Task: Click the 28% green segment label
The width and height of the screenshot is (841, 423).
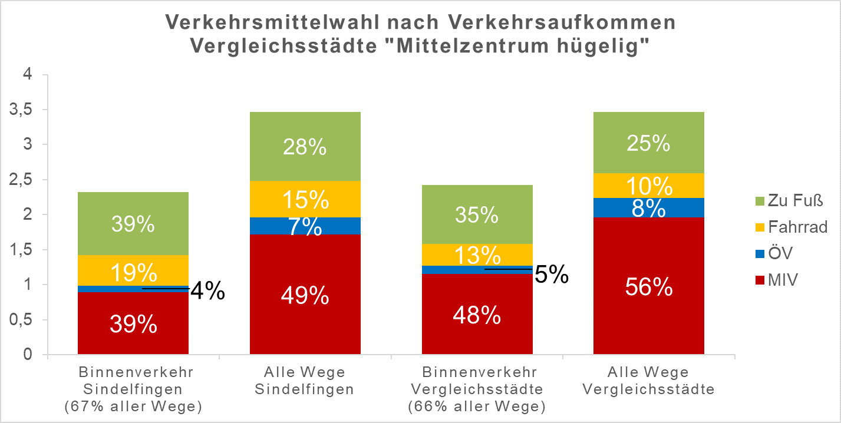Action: pos(305,147)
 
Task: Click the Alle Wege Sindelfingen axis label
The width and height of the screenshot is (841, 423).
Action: pos(305,381)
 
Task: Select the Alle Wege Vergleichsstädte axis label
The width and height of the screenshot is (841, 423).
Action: pos(649,381)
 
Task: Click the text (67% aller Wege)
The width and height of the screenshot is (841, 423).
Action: pos(133,406)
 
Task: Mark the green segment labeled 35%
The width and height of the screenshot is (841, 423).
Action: pos(477,215)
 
